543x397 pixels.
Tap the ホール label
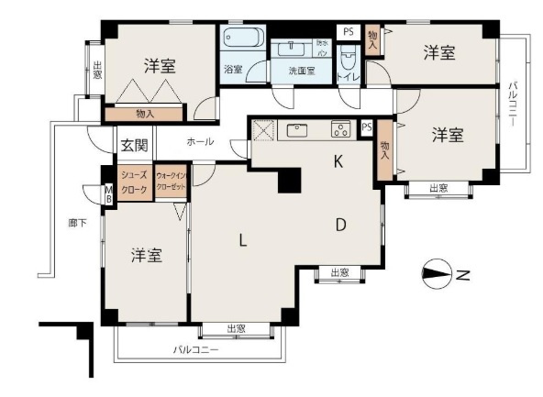[200, 143]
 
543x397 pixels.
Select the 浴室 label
[233, 69]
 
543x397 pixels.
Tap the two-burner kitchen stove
[340, 129]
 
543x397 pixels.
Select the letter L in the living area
[242, 241]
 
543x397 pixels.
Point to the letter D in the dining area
[339, 224]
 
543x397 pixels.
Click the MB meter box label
[108, 194]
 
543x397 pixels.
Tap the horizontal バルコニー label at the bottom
[196, 349]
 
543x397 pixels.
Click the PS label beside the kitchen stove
[366, 127]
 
